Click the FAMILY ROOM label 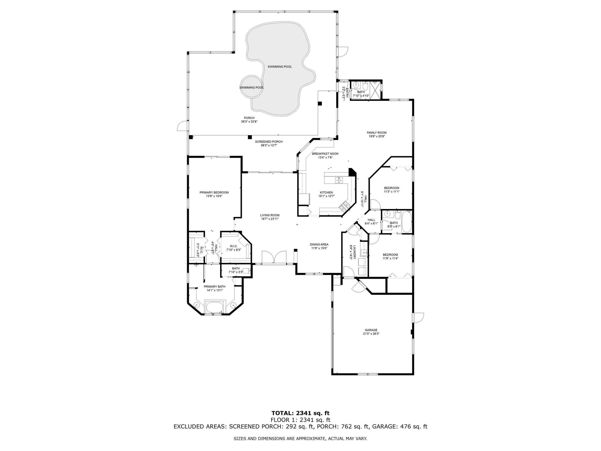377,133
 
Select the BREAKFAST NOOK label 325,154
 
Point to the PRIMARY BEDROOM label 214,193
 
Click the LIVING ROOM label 270,215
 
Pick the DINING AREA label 319,244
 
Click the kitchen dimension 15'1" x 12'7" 326,196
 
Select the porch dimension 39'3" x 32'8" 249,122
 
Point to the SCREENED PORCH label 269,142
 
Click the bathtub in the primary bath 215,307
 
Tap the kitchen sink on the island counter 338,180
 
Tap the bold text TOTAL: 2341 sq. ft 300,413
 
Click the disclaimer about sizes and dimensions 300,438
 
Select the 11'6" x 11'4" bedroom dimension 390,258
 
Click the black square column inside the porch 320,104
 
